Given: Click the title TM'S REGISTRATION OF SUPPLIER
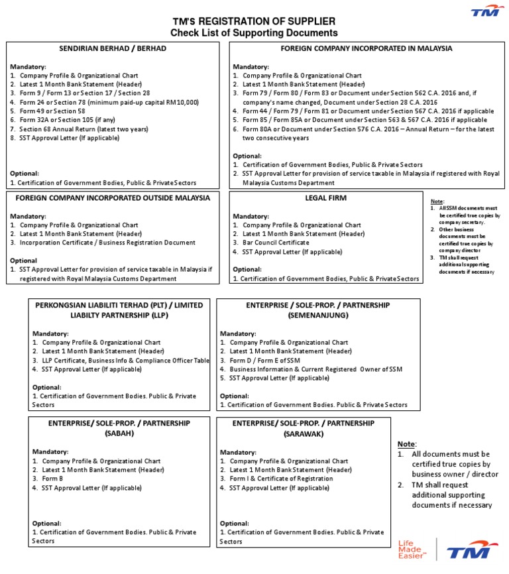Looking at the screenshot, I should point(254,21).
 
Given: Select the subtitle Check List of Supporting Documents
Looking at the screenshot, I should point(254,32).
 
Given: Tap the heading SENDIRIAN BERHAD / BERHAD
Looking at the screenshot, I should point(113,48).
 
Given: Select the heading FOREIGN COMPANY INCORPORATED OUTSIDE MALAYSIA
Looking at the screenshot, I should point(113,198).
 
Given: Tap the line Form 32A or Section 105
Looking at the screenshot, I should point(67,120).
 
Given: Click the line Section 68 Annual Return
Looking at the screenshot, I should point(84,129).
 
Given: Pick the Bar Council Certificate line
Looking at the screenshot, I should point(276,243).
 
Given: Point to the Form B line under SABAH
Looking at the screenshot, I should point(52,479).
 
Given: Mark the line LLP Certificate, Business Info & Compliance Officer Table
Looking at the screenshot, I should point(125,360).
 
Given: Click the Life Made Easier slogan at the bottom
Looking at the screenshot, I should point(410,549).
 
